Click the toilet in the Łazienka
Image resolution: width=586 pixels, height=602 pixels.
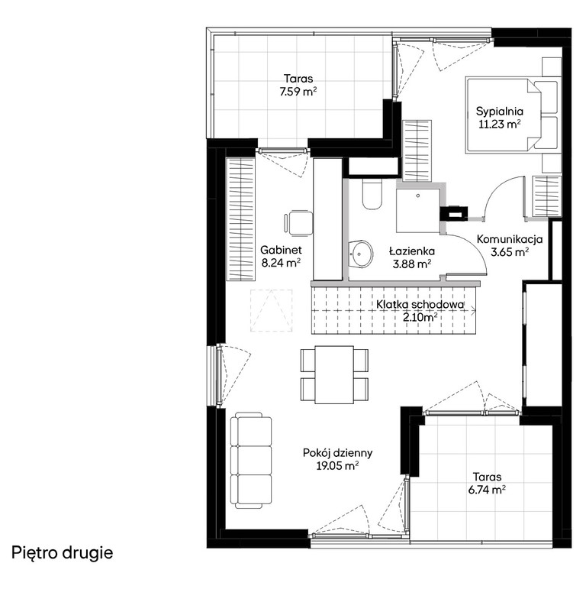[x=372, y=195]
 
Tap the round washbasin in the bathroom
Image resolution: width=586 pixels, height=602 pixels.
[x=360, y=254]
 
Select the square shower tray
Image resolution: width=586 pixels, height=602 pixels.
[x=418, y=210]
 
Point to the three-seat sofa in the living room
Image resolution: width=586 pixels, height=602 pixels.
[x=251, y=461]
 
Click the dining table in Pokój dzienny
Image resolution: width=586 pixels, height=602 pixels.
[x=334, y=374]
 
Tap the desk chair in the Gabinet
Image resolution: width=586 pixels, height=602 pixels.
[x=298, y=222]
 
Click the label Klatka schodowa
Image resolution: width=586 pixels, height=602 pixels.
[x=420, y=305]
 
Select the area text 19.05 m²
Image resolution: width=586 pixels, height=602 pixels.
[x=337, y=466]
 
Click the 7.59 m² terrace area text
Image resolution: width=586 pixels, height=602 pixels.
[x=298, y=92]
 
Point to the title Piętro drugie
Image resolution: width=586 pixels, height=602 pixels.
[x=63, y=553]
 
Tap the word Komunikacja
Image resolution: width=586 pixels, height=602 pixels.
[x=510, y=239]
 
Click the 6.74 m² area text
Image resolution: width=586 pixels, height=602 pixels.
[x=487, y=490]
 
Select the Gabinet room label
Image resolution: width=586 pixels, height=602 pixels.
[x=281, y=250]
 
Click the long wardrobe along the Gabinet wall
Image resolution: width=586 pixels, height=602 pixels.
[x=240, y=218]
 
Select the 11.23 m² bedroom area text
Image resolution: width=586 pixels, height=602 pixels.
[x=499, y=124]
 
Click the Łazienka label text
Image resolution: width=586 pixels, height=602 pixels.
[x=412, y=251]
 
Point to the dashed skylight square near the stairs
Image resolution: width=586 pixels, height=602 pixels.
[x=271, y=310]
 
